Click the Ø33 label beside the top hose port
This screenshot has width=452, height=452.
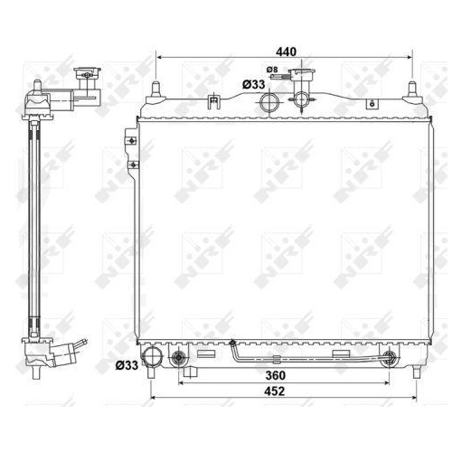point(253,84)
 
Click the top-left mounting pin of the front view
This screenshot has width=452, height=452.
point(156,89)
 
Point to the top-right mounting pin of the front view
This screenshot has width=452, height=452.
point(412,89)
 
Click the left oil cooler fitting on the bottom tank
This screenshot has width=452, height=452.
point(180,361)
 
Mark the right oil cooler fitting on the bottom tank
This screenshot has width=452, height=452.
point(391,360)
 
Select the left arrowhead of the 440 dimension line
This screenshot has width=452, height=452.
point(160,57)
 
